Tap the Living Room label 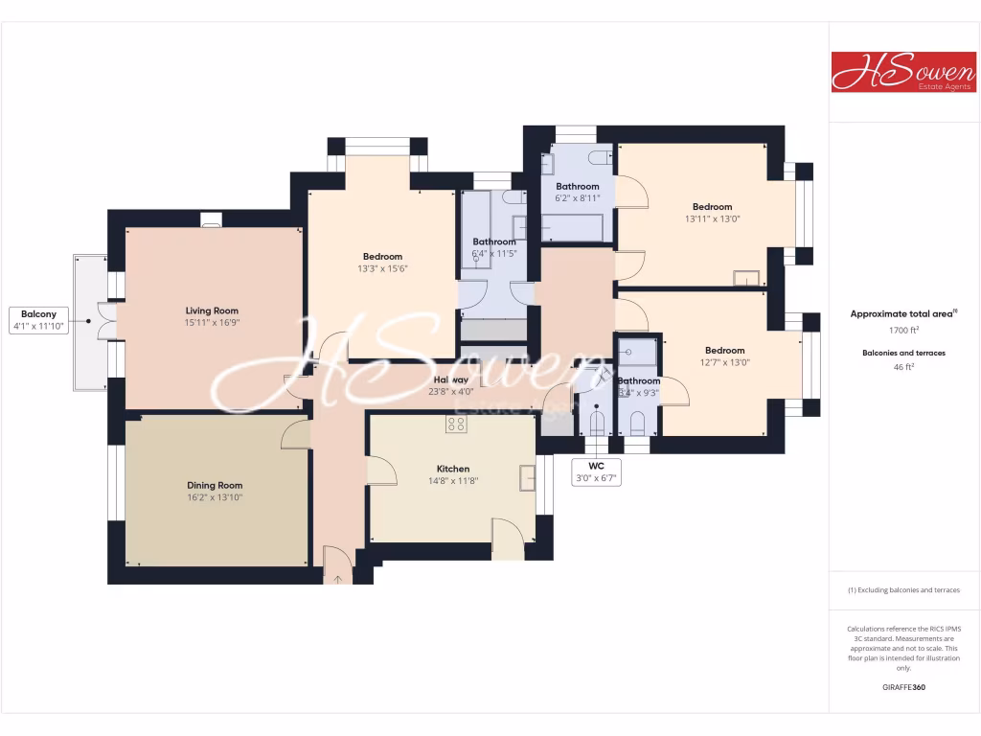[x=212, y=310]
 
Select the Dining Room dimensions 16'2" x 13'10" [x=216, y=497]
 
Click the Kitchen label [x=453, y=469]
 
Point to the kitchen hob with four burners [x=455, y=424]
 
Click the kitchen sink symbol [x=527, y=476]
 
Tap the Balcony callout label [x=39, y=314]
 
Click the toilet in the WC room [x=596, y=421]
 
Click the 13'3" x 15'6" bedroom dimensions [x=382, y=268]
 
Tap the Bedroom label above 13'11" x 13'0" [x=712, y=207]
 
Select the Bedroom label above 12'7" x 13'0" [x=724, y=351]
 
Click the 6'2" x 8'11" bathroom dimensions [x=578, y=198]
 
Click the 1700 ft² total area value [x=904, y=329]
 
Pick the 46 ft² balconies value [x=904, y=367]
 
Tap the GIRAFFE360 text [x=904, y=687]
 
